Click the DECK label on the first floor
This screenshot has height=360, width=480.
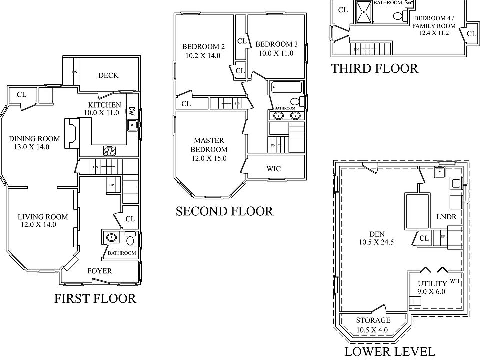[108, 75]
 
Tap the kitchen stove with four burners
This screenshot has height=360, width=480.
[110, 150]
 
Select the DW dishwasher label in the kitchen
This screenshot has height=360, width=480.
[132, 112]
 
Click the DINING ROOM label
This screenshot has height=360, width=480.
[34, 139]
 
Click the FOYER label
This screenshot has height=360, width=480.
[100, 271]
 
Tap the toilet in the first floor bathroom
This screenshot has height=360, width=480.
[130, 240]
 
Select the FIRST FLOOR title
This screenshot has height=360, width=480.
[95, 299]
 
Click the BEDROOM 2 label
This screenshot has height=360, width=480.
[203, 47]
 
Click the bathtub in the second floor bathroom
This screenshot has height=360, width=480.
[286, 88]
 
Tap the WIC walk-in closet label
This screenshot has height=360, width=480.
[273, 169]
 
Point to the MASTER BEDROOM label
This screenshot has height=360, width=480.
[209, 145]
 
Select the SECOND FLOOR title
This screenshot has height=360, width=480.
[224, 211]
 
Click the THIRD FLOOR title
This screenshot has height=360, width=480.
[375, 68]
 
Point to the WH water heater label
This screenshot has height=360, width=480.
[454, 281]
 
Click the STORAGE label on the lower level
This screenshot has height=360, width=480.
[373, 320]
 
